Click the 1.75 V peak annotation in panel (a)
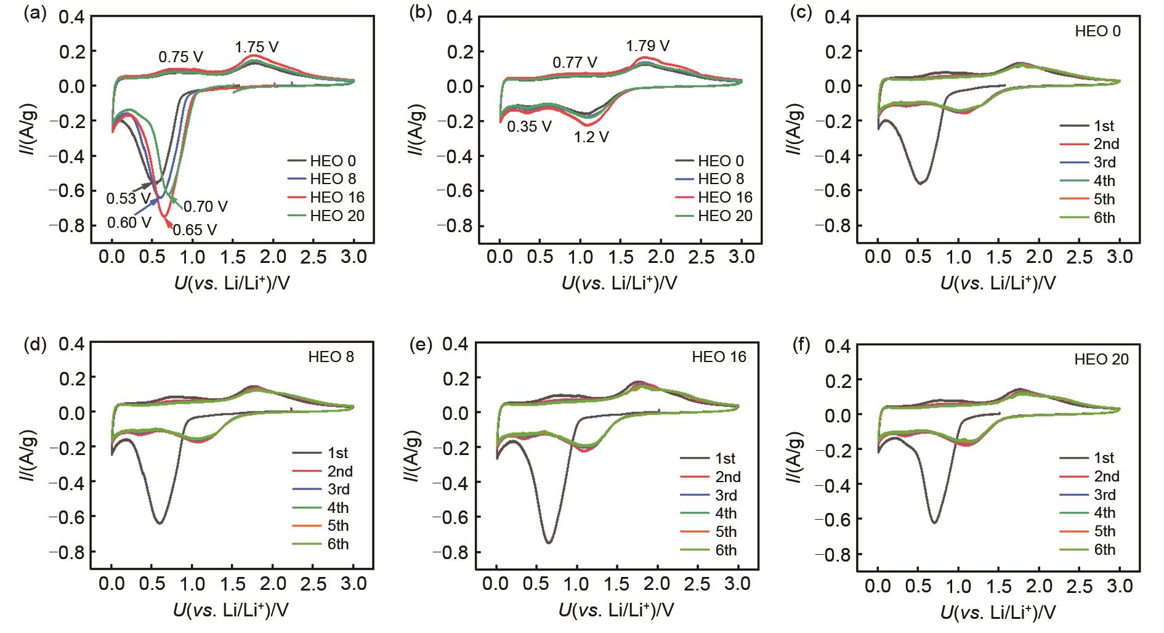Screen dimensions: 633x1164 (256, 47)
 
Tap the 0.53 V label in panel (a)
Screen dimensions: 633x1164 (128, 198)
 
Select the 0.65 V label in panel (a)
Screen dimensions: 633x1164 (195, 230)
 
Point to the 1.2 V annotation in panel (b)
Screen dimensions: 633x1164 (591, 137)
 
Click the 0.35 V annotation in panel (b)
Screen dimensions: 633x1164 (529, 127)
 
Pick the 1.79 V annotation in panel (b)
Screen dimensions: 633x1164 (648, 46)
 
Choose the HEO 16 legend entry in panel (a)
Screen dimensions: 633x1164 (337, 198)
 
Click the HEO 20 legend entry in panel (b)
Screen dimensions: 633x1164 (725, 216)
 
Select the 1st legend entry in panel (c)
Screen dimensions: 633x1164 (1104, 126)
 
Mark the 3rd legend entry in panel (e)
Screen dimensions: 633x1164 (725, 496)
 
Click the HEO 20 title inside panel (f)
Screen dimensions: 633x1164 (1101, 360)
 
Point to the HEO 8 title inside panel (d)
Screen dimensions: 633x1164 (331, 357)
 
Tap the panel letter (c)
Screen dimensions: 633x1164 (801, 14)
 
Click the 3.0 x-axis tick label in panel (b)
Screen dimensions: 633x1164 (741, 257)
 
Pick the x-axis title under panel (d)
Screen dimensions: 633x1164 (231, 610)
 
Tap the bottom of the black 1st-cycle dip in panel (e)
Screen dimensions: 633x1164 (548, 542)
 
